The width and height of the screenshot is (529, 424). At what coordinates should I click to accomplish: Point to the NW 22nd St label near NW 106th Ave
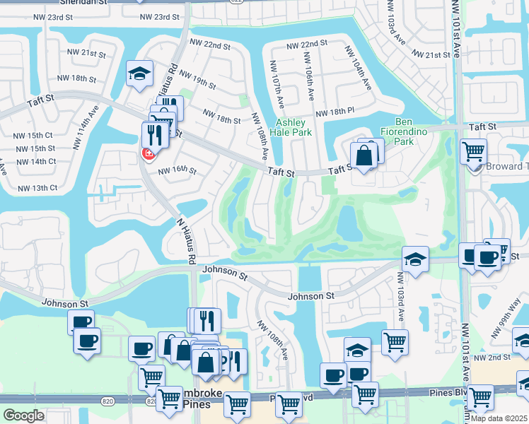click(x=307, y=44)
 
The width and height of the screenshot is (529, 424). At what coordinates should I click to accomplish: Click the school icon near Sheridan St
click(x=140, y=73)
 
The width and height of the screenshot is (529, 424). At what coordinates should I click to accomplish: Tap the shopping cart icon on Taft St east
click(x=472, y=151)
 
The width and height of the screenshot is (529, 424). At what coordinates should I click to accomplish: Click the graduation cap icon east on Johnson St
click(x=415, y=259)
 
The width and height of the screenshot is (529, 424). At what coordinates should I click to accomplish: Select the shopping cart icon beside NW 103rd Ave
click(x=395, y=342)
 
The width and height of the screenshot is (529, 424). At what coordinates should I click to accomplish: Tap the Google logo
click(x=24, y=416)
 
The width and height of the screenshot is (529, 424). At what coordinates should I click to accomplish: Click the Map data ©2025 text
click(x=499, y=418)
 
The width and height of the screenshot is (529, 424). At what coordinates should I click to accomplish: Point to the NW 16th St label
click(x=177, y=170)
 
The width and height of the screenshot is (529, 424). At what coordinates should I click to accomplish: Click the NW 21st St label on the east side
click(x=431, y=55)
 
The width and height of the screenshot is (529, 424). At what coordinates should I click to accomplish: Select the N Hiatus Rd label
click(x=186, y=241)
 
